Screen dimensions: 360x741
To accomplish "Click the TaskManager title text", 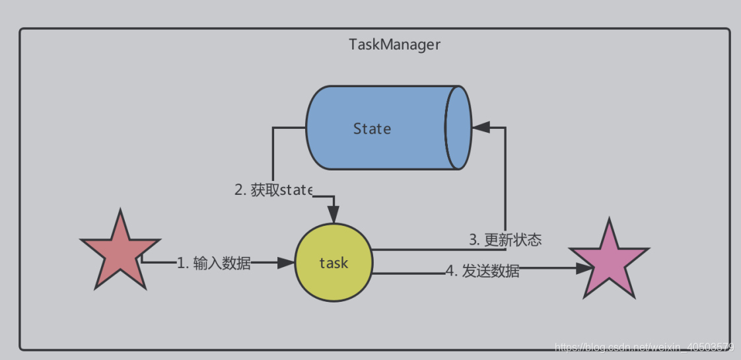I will click(x=394, y=46).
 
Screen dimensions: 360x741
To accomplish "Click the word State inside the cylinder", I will click(x=372, y=129).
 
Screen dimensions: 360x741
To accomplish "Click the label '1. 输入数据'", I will click(x=213, y=264).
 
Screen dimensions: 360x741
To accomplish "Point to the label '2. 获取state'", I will click(x=273, y=190).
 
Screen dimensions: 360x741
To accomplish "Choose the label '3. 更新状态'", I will click(x=505, y=240).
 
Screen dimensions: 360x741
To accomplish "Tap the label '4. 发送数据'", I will click(x=482, y=271).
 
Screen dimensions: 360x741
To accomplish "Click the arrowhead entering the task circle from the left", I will click(x=285, y=263).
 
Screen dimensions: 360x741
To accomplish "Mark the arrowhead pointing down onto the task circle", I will click(x=334, y=215).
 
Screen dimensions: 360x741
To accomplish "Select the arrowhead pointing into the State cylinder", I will click(x=481, y=127).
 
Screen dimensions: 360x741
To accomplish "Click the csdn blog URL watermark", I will click(x=645, y=347).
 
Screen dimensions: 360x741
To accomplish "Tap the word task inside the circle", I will click(x=334, y=263).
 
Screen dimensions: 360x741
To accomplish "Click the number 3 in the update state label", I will click(x=474, y=240).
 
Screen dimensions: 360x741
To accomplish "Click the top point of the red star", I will click(x=121, y=213).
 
